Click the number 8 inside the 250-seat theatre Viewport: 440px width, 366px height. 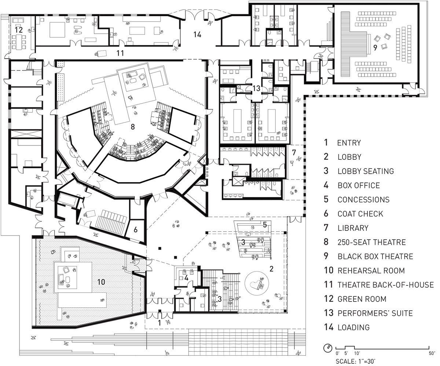133,127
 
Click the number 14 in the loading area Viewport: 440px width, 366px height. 197,35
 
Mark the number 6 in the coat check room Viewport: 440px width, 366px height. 135,230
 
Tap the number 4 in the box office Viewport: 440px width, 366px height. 186,278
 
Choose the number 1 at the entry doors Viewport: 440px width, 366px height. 159,323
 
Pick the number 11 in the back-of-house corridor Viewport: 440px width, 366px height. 120,53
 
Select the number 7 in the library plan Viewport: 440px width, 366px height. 293,151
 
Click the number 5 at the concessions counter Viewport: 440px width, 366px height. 264,225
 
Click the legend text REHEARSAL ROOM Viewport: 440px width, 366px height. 371,271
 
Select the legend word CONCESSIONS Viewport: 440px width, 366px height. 363,200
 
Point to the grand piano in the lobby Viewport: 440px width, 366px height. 256,283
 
